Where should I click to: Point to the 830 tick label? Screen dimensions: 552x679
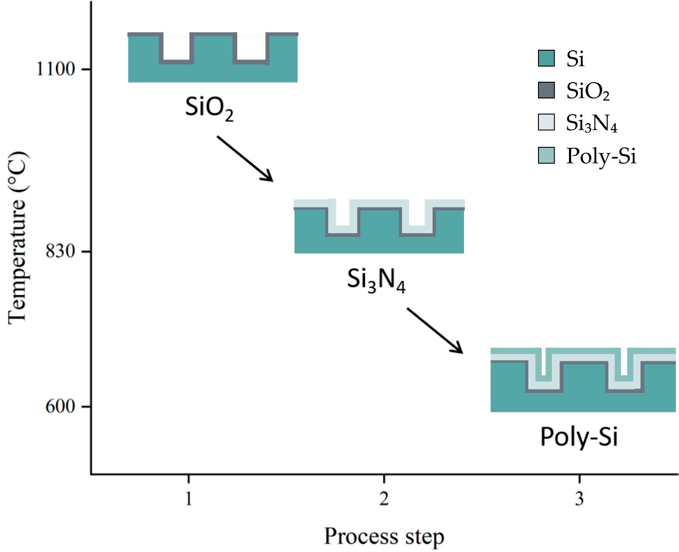pos(60,251)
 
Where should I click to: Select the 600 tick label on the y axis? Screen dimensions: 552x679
pos(60,406)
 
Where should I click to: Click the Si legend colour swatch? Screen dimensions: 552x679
pos(547,58)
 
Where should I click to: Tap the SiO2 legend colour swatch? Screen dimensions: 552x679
pos(547,90)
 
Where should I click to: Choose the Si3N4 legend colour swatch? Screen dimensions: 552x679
pos(547,123)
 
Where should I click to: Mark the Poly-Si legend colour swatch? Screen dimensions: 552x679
pos(547,155)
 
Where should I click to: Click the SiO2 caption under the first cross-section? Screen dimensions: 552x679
pos(209,108)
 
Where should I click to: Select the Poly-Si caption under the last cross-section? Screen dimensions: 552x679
pos(579,437)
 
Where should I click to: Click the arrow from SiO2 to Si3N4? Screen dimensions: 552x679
pos(245,159)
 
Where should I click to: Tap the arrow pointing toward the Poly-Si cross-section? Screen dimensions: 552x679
pos(435,331)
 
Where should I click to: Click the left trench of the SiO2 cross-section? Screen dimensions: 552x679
pos(176,47)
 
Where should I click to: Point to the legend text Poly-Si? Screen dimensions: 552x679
pos(601,156)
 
